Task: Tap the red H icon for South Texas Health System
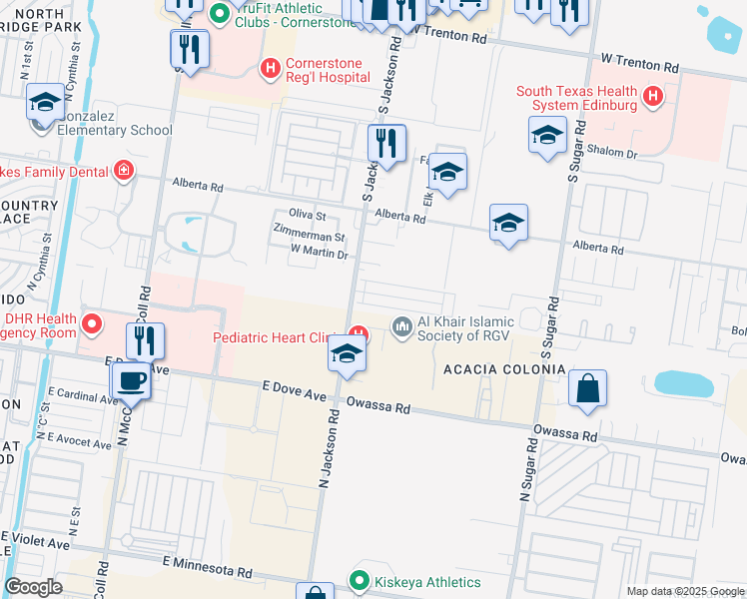(652, 96)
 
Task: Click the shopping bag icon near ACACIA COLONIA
(588, 389)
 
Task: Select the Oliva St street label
(307, 216)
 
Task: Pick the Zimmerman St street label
(310, 238)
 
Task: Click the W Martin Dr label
(319, 254)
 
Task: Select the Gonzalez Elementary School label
(115, 130)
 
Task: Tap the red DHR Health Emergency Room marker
(93, 323)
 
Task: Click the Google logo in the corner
(34, 587)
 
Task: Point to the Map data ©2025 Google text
(684, 591)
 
